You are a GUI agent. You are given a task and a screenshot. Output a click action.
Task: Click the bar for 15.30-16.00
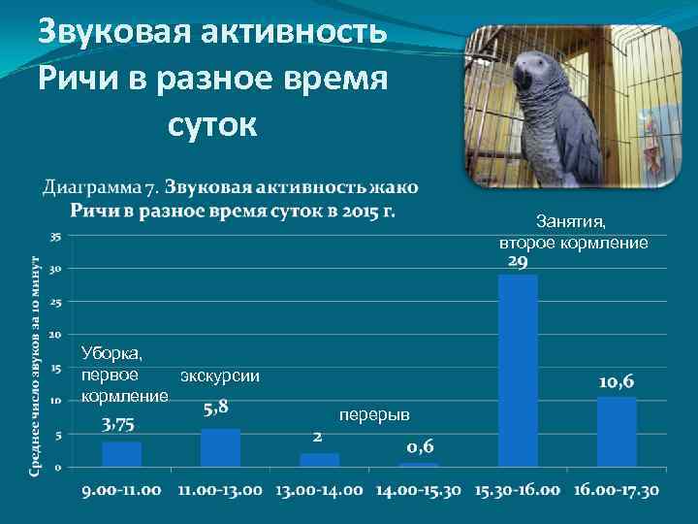[x=517, y=370]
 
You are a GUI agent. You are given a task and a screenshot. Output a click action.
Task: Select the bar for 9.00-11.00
[x=121, y=454]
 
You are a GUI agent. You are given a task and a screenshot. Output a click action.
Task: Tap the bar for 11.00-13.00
[x=220, y=447]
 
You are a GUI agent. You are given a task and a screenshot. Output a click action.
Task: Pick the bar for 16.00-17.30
[x=617, y=431]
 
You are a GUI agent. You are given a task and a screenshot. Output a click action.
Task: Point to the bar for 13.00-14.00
[x=319, y=459]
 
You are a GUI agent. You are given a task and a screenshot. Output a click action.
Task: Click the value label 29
[x=517, y=263]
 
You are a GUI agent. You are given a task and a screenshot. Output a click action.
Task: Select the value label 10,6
[x=617, y=382]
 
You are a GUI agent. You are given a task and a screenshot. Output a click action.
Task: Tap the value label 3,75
[x=119, y=424]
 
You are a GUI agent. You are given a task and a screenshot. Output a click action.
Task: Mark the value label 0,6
[x=419, y=446]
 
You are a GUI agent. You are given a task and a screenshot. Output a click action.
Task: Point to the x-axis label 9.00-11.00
[x=122, y=490]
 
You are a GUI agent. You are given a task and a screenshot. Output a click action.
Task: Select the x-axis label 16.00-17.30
[x=617, y=490]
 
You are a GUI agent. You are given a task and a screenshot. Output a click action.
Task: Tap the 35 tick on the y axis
[x=56, y=236]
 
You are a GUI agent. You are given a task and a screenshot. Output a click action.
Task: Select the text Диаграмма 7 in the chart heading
[x=99, y=186]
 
